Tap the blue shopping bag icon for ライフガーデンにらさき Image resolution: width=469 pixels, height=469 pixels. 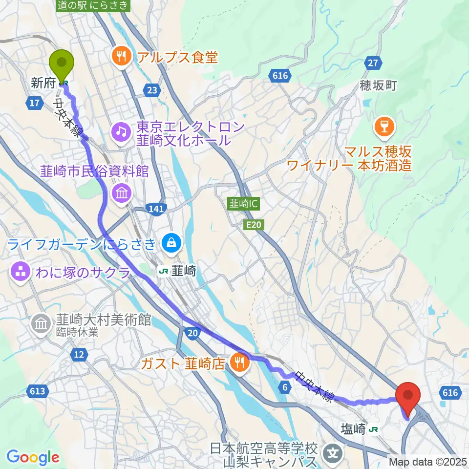pos(171,241)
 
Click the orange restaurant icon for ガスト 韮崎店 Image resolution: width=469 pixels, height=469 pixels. pos(239,362)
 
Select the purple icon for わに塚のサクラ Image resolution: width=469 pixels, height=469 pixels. pos(21,273)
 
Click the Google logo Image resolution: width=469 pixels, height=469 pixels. pos(33,457)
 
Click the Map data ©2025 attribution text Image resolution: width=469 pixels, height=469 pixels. pos(428,461)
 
